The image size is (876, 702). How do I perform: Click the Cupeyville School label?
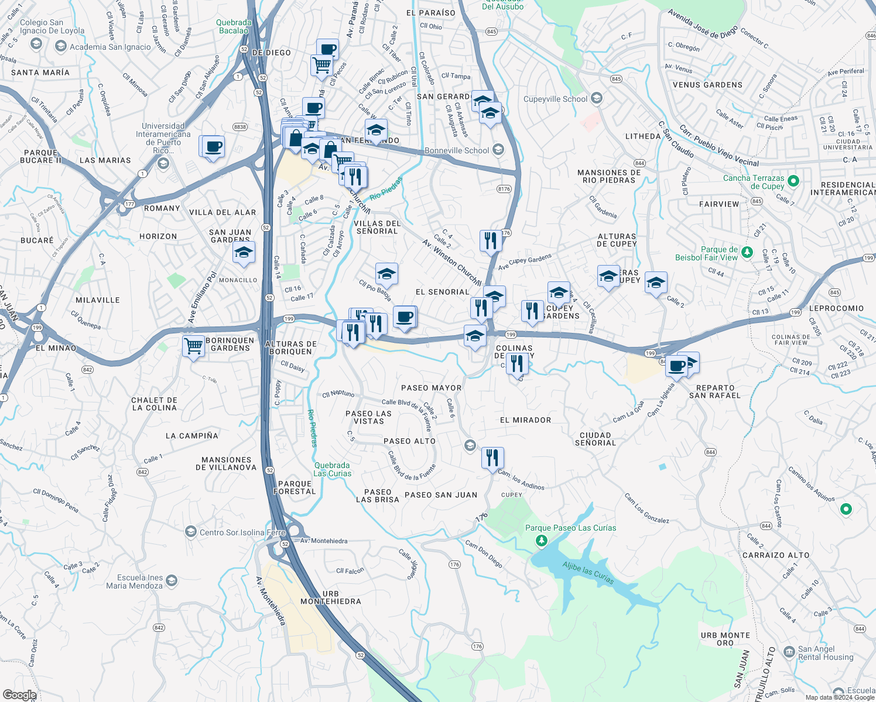555,99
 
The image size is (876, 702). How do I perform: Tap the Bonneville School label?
457,150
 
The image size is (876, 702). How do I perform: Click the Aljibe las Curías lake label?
588,573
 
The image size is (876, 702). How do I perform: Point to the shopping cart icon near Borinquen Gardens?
193,346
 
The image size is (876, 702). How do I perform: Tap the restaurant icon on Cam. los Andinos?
492,457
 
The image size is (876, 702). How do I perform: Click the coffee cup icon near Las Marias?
213,146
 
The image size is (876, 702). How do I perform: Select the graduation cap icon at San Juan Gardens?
244,253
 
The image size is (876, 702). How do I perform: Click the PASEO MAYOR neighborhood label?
431,388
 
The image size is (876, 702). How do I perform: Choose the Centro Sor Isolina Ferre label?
242,532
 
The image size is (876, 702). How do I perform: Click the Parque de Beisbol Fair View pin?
747,252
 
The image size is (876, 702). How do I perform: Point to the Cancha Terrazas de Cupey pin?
793,181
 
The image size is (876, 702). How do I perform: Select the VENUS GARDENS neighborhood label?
707,85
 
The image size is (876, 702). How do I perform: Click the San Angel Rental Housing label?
825,653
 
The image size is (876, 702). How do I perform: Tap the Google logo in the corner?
19,695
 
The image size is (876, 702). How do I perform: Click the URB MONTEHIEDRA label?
331,597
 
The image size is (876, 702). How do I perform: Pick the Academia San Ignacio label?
110,47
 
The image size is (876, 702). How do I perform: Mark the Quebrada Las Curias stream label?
332,469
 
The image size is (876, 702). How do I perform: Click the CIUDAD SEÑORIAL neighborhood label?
595,439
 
